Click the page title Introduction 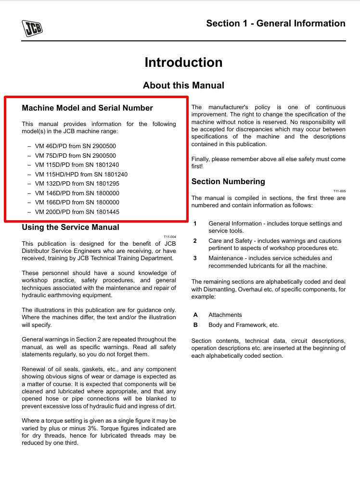coord(183,63)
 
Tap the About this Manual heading coord(183,85)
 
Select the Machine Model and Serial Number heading coord(87,108)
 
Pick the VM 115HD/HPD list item coord(81,175)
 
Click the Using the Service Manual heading coord(70,227)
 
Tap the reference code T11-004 coord(170,237)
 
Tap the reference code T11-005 coord(339,191)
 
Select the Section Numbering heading coord(228,181)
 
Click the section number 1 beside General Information coord(195,224)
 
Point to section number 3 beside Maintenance coord(195,258)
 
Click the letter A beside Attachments coord(195,315)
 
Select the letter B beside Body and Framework coord(195,325)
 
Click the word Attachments coord(225,315)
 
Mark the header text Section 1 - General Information coord(276,23)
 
